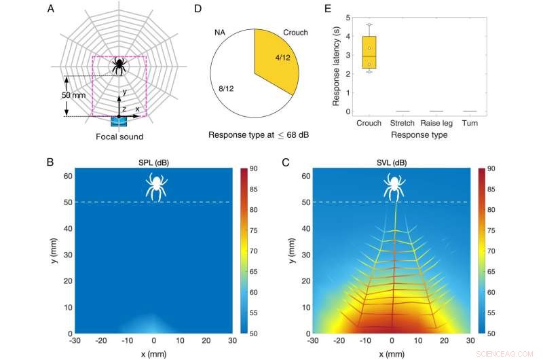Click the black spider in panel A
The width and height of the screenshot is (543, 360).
point(119,65)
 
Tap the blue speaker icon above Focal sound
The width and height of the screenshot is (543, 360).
point(119,121)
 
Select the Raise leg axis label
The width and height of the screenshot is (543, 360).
point(436,123)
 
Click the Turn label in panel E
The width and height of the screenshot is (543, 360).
point(469,123)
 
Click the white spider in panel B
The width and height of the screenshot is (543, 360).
point(157,187)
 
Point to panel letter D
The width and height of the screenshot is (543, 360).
point(198,10)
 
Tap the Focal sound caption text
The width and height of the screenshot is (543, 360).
point(119,137)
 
